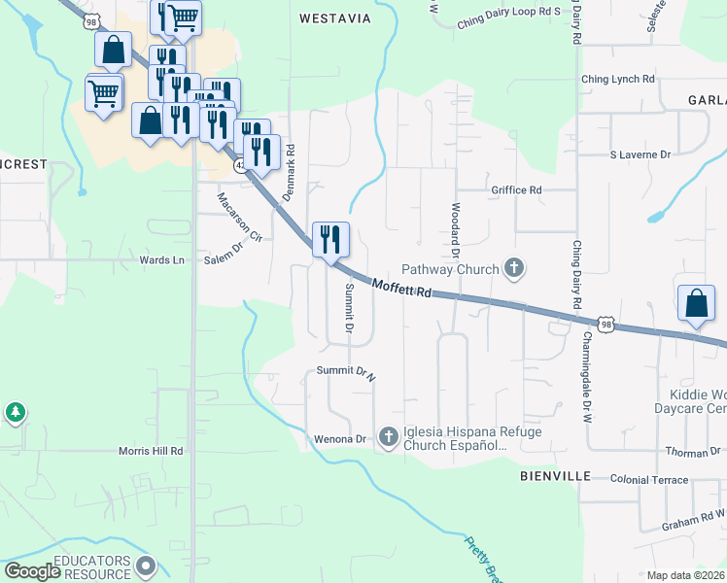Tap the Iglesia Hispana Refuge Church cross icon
[389, 438]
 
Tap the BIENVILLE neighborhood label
[555, 476]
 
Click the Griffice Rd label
[516, 190]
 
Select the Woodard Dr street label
[455, 230]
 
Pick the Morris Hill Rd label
[151, 451]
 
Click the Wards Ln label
[162, 260]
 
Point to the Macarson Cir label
[239, 217]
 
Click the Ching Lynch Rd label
[617, 79]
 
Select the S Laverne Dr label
[640, 154]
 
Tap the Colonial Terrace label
[649, 480]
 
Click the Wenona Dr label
[339, 439]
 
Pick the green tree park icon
[16, 413]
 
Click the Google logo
[33, 571]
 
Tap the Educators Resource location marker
[147, 565]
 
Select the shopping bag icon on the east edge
[697, 304]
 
